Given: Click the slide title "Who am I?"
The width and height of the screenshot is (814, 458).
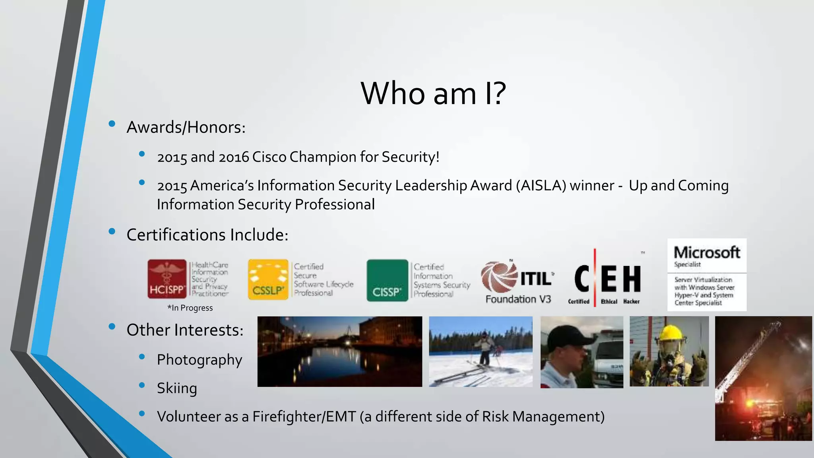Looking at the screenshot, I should pos(433,93).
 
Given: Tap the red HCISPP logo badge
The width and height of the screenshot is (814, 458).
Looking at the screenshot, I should pos(167,279).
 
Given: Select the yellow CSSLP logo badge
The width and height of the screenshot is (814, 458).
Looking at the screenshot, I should pos(268,279).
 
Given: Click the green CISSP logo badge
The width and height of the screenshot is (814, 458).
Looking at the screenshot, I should pos(387,280).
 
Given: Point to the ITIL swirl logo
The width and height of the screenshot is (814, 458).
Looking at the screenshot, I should pos(498,277).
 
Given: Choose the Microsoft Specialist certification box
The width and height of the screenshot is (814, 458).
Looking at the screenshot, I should pos(707,274).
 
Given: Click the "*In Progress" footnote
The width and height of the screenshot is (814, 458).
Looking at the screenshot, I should pos(190,308).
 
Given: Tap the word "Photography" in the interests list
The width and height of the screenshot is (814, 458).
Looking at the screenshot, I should pos(199,360).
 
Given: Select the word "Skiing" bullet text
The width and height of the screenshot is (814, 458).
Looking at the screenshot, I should pos(177,388).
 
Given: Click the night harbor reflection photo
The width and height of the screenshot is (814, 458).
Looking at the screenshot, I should pos(339,351).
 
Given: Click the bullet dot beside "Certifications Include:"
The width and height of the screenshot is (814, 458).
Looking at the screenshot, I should pos(112,231).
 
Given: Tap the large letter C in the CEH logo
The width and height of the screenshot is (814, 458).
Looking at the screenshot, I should pos(581,278).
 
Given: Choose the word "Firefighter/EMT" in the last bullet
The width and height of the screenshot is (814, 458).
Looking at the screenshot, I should pos(304,417).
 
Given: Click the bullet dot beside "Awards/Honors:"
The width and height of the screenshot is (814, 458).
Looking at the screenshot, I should pos(112,124).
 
